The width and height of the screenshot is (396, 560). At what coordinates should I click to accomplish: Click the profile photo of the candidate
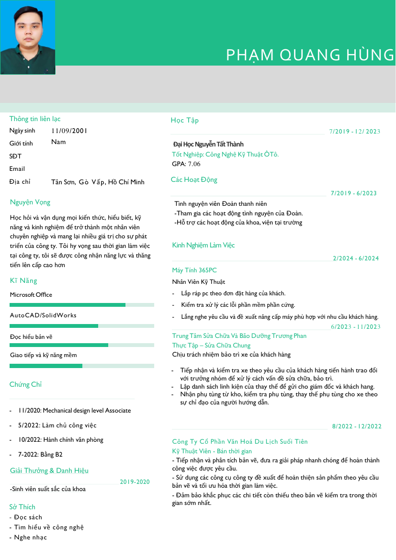[28, 37]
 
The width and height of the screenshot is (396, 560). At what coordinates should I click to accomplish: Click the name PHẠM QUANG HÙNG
[310, 55]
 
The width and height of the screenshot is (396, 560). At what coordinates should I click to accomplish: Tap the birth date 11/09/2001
[69, 131]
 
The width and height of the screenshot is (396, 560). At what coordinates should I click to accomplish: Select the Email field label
[17, 168]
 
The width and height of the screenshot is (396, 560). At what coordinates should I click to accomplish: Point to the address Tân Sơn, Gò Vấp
[98, 182]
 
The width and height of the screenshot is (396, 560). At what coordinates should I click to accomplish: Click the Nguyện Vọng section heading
[30, 202]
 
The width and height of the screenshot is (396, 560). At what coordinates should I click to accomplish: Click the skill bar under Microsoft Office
[82, 305]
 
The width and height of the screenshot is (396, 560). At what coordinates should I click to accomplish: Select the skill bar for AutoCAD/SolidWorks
[82, 326]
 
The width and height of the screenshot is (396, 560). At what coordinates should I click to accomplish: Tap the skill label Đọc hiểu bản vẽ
[31, 336]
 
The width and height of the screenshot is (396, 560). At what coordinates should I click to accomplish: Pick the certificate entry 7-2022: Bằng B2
[40, 454]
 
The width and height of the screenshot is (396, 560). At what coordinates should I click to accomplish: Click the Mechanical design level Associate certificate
[74, 410]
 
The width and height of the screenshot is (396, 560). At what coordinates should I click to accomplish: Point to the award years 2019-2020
[135, 482]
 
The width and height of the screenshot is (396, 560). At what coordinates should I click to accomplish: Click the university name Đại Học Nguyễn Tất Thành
[208, 144]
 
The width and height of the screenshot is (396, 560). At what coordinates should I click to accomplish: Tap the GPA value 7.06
[194, 164]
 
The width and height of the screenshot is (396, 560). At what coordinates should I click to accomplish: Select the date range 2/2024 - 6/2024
[356, 258]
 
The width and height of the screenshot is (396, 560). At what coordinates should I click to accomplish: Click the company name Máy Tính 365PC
[194, 270]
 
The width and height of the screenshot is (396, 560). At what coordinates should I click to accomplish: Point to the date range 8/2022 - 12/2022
[357, 426]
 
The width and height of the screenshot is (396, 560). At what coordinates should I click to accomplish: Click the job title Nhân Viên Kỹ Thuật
[199, 282]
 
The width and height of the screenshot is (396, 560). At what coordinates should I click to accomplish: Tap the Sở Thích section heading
[23, 507]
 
